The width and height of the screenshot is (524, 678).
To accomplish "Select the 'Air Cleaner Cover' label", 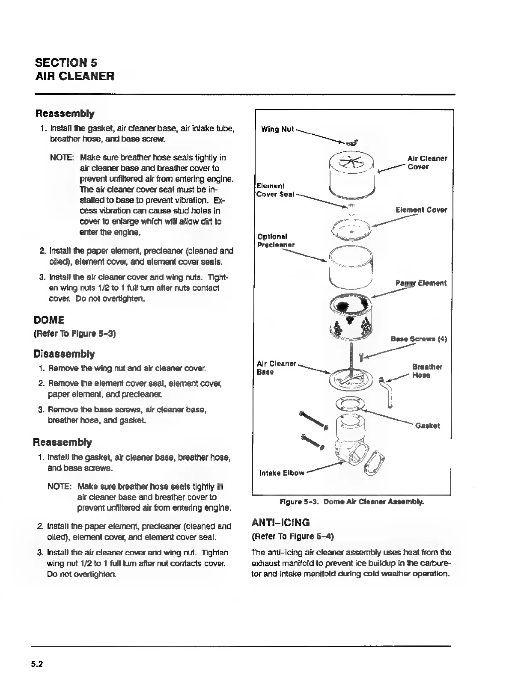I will click(427, 163).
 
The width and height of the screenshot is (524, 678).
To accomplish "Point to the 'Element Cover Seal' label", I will click(275, 190).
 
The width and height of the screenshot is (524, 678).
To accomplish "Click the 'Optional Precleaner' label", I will click(276, 240).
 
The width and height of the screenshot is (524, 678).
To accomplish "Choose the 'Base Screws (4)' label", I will click(419, 339).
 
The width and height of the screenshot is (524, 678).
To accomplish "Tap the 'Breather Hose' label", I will click(427, 371).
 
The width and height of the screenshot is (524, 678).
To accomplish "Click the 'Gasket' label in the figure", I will click(427, 426).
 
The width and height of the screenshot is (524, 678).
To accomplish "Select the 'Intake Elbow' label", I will click(282, 473).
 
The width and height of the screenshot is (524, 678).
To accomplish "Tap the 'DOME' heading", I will click(49, 320).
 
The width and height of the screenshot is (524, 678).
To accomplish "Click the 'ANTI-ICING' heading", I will click(281, 523).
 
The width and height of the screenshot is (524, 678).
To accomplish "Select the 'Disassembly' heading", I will click(64, 354).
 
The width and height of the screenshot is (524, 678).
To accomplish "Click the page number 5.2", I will click(37, 664).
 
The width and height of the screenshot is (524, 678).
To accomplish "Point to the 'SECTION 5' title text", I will click(66, 63).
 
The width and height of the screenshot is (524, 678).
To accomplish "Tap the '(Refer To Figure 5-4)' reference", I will click(293, 536).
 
